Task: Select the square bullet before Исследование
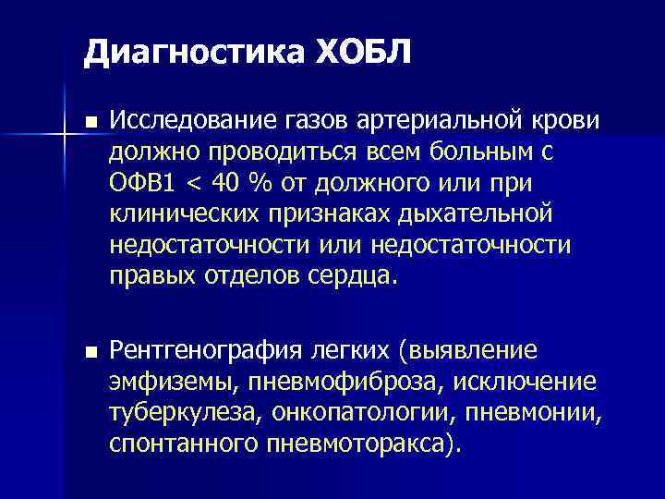click(89, 122)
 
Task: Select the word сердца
click(358, 275)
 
